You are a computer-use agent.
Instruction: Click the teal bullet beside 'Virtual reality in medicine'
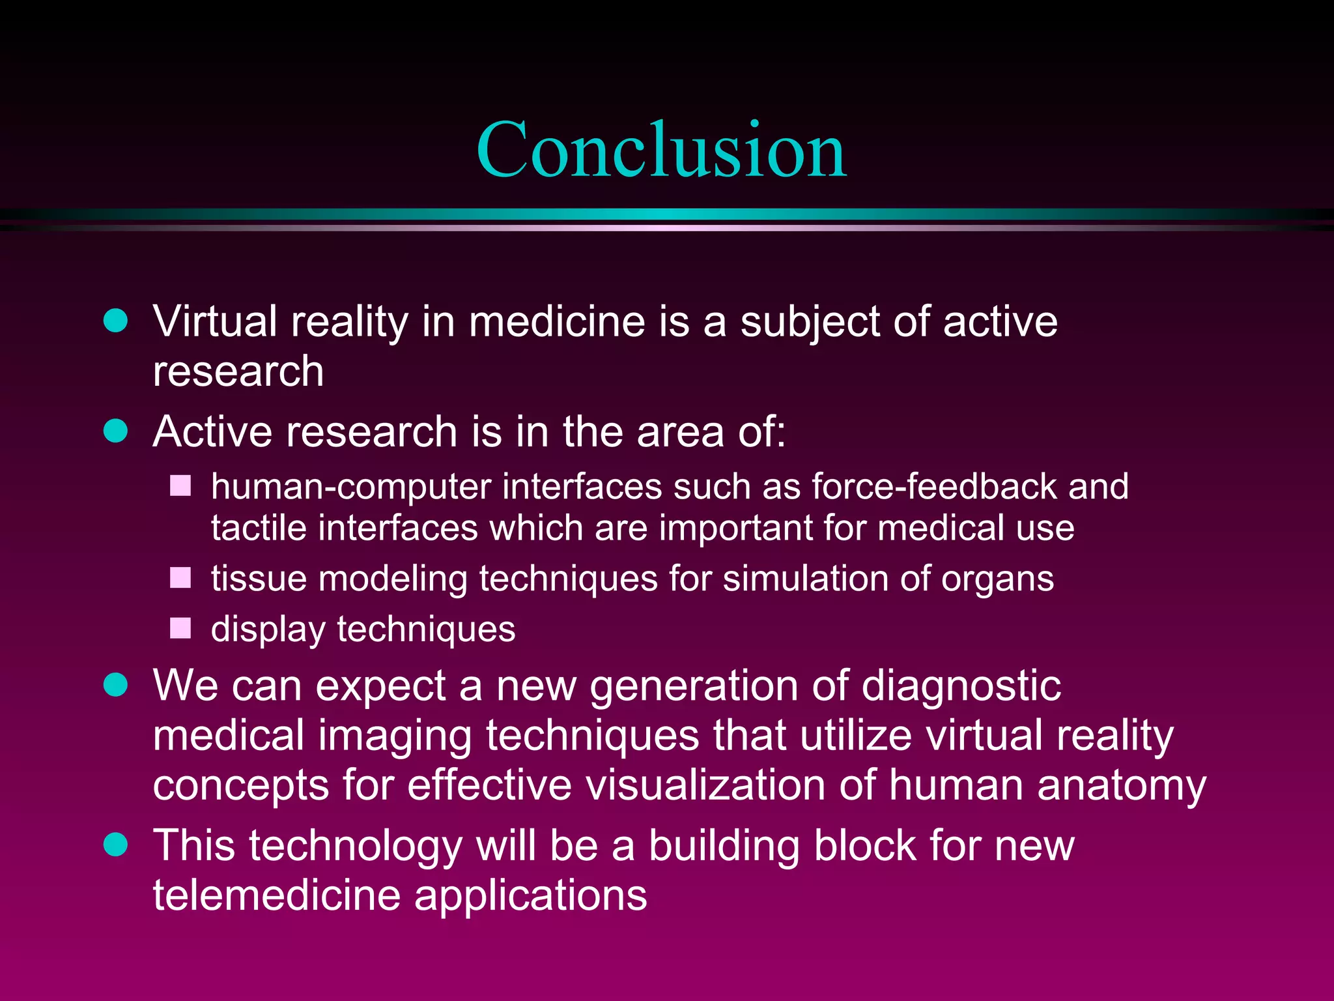coord(116,321)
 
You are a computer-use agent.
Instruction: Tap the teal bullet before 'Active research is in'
coord(116,431)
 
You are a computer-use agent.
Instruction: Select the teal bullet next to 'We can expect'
coord(116,685)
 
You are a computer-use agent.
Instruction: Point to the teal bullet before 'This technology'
coord(116,845)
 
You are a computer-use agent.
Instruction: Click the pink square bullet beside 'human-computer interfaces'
coord(180,486)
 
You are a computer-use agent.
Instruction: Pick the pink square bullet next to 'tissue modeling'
coord(180,577)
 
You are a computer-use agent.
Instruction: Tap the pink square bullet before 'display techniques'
coord(180,628)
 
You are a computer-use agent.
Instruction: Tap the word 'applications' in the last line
coord(530,897)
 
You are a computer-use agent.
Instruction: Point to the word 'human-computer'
coord(352,487)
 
